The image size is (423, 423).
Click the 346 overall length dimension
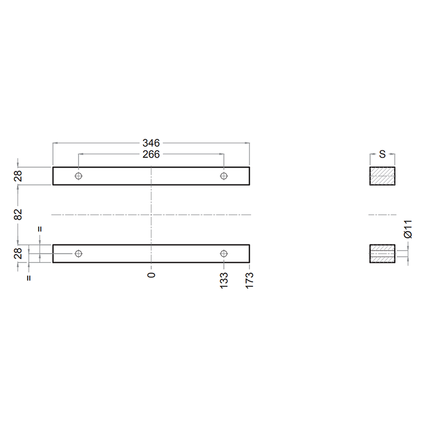151,143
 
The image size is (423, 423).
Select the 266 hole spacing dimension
151,154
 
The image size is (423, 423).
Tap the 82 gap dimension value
18,215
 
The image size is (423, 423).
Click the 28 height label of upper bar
18,176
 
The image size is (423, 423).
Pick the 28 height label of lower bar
18,254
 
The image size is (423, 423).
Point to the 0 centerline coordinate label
151,275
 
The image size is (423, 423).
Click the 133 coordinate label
224,281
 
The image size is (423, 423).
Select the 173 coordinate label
250,281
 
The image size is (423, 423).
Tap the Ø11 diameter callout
408,229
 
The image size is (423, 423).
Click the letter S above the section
382,154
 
